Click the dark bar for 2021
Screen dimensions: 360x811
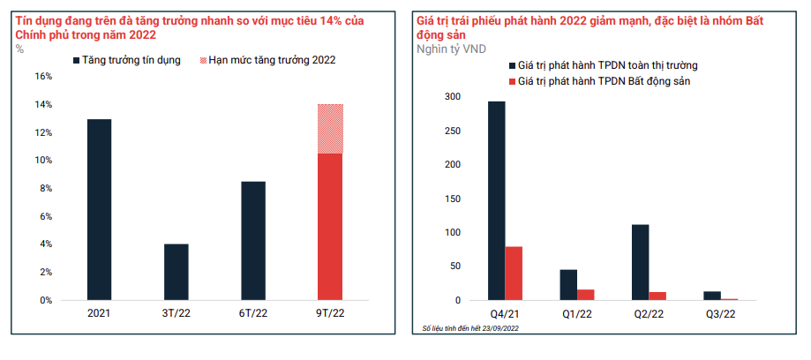[x=99, y=210]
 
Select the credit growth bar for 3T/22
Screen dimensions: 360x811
[x=176, y=272]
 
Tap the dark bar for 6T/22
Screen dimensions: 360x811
[x=252, y=241]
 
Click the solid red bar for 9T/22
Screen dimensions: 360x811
[x=329, y=227]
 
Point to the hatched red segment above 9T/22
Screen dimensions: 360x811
[x=329, y=129]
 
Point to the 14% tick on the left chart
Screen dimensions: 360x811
[x=42, y=105]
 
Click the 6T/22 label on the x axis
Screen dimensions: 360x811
[x=252, y=314]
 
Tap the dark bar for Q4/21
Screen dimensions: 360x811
[x=496, y=200]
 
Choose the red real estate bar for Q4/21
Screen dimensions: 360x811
[x=514, y=274]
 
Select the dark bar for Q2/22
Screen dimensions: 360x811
[x=640, y=262]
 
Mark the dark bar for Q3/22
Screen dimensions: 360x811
[x=712, y=296]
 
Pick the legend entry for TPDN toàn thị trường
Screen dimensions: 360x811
[x=608, y=65]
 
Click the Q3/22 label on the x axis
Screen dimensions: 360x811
[x=720, y=314]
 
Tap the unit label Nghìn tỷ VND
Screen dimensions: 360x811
[x=450, y=48]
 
